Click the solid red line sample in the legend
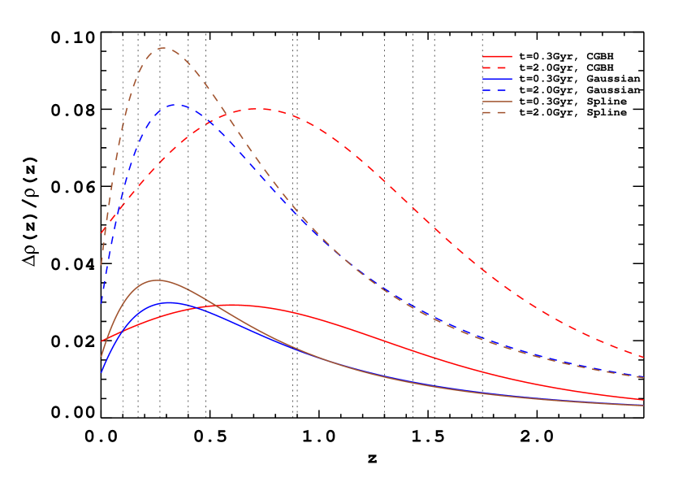pos(497,57)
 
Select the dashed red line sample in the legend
pos(497,67)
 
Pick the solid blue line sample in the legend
pos(497,79)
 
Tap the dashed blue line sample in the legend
pos(497,89)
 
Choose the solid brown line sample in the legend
pos(497,102)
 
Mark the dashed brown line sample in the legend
pos(497,112)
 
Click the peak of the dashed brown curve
pos(164,48)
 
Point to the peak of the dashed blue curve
pos(177,104)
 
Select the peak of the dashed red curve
pos(257,109)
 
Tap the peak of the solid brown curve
pos(156,280)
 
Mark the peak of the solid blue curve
pos(170,302)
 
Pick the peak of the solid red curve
pos(235,305)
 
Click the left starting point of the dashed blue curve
pos(102,304)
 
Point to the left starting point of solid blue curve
pos(102,372)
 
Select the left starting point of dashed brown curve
pos(102,265)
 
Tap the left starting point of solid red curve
pos(102,341)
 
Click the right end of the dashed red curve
pos(644,357)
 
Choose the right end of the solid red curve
pos(644,400)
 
